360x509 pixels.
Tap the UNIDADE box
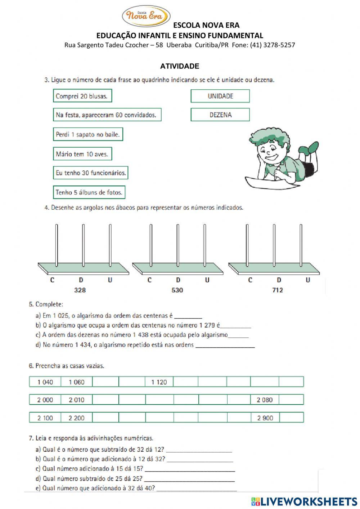point(220,96)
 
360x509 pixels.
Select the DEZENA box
point(220,115)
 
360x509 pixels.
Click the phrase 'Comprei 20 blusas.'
point(82,96)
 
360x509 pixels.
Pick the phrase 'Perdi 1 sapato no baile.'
point(88,134)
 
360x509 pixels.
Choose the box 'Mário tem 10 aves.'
point(82,154)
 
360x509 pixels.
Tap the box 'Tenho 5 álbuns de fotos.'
point(89,192)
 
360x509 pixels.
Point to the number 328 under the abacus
point(80,290)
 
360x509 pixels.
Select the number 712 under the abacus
point(278,290)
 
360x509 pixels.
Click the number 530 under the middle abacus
point(177,290)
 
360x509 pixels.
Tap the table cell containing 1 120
point(159,382)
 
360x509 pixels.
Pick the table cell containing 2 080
point(265,400)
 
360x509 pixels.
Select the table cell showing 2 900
point(265,418)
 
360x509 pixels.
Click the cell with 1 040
point(45,382)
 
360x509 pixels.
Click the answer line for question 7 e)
point(197,489)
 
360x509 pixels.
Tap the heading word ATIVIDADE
point(180,66)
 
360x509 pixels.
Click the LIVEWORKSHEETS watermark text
point(309,501)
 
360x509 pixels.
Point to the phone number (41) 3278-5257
point(273,45)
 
